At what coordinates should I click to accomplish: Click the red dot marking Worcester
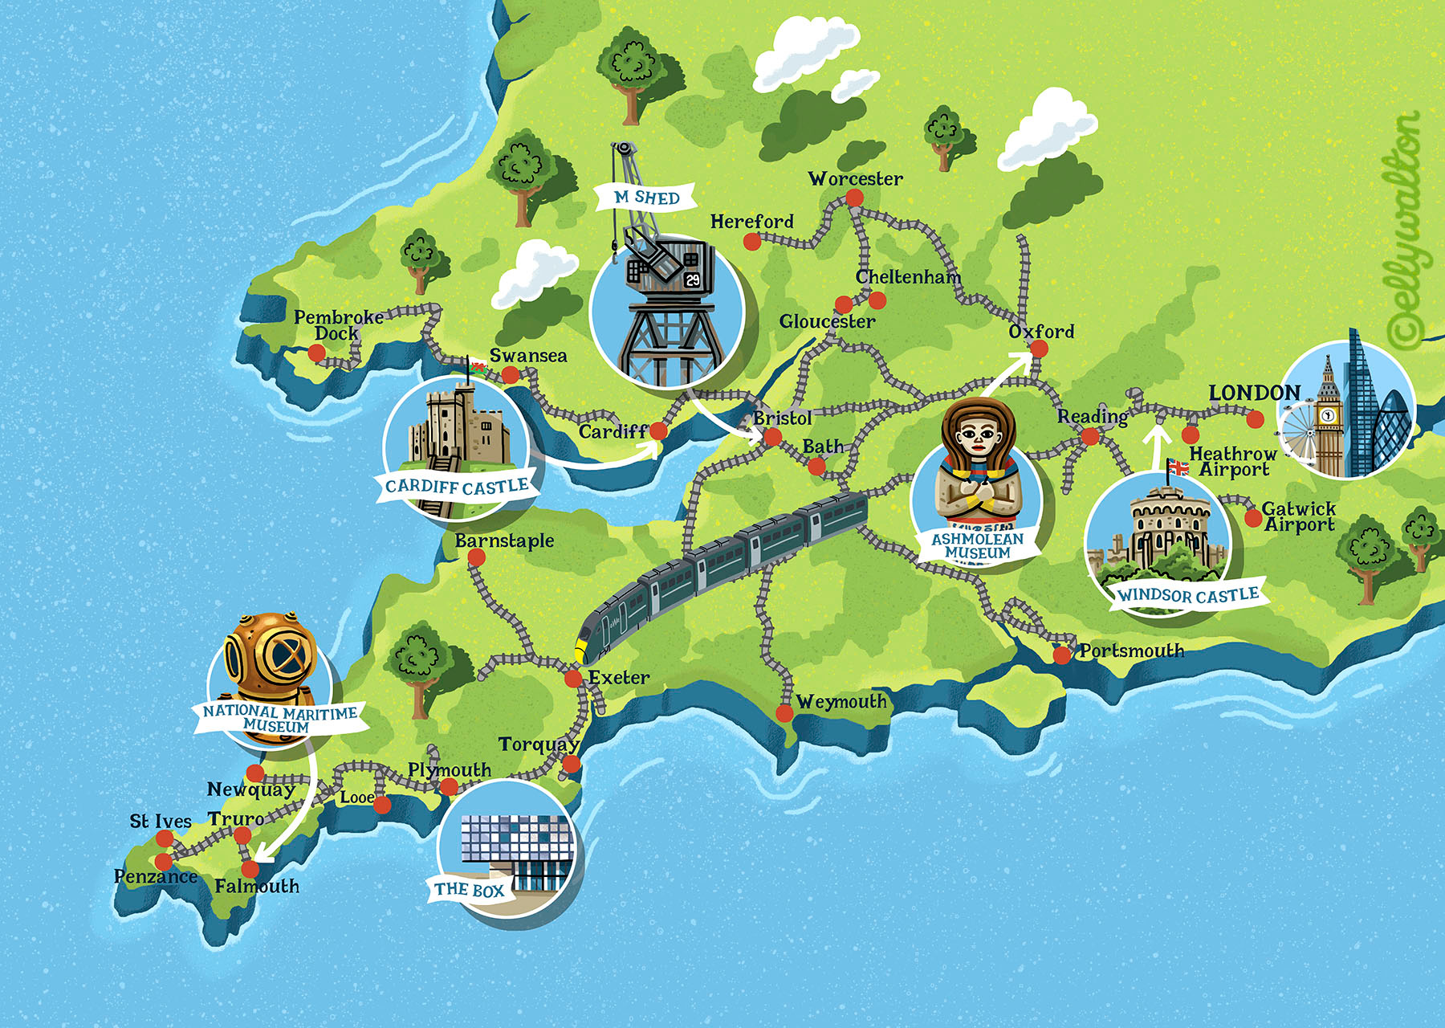[x=854, y=198]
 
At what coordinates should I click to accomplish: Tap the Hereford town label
[x=751, y=222]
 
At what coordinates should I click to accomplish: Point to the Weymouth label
[x=841, y=702]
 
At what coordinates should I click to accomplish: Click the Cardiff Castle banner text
[x=456, y=487]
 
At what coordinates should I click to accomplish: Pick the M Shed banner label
[x=646, y=198]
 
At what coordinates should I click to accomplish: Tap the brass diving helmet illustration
[x=270, y=655]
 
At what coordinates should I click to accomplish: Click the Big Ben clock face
[x=1328, y=415]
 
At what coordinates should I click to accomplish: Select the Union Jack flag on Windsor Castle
[x=1178, y=467]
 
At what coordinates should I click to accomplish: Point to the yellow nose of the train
[x=580, y=651]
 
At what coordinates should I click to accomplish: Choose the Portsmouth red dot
[x=1062, y=655]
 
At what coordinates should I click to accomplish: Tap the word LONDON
[x=1254, y=393]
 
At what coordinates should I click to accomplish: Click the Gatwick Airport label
[x=1298, y=516]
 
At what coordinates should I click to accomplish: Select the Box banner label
[x=469, y=890]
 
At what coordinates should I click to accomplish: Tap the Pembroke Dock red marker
[x=317, y=353]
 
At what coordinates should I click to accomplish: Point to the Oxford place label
[x=1041, y=332]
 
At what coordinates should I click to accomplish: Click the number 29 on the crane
[x=692, y=279]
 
